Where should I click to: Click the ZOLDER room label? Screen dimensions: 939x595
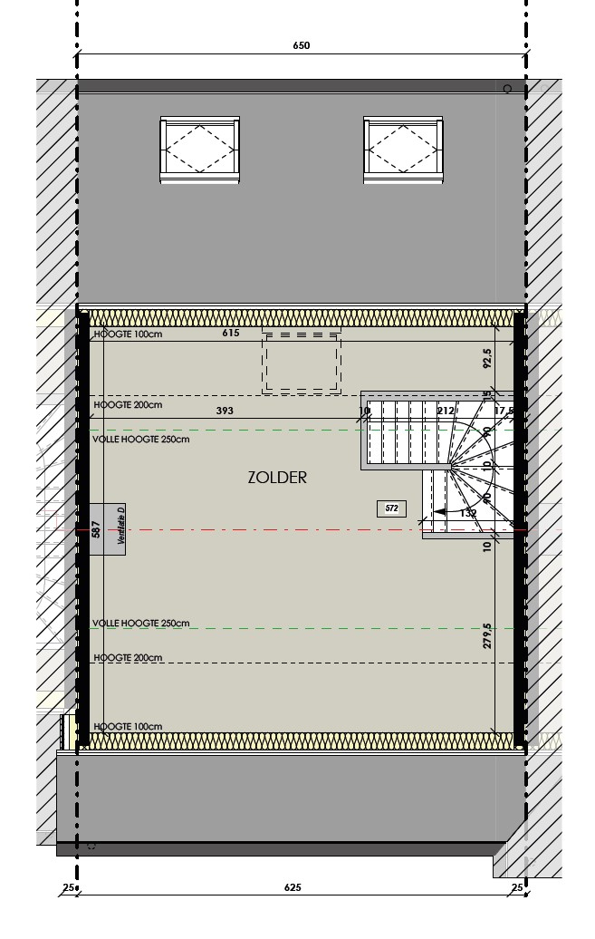[277, 478]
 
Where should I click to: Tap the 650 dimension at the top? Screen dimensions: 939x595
[302, 45]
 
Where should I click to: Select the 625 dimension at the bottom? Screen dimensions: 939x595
[292, 888]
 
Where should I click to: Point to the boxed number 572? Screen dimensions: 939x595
[391, 509]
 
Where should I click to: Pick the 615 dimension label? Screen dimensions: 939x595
[231, 334]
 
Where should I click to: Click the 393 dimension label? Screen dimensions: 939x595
[225, 411]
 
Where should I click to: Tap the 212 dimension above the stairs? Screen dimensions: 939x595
[445, 411]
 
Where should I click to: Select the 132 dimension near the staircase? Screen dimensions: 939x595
[468, 514]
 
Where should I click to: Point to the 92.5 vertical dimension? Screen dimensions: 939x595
[487, 359]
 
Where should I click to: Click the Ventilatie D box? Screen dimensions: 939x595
[107, 529]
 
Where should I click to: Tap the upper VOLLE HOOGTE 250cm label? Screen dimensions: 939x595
[141, 440]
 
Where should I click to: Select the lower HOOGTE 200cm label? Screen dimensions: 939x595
[128, 658]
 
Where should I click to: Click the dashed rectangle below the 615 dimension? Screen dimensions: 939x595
[302, 363]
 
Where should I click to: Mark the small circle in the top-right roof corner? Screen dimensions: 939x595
[507, 89]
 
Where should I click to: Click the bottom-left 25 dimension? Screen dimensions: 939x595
[67, 888]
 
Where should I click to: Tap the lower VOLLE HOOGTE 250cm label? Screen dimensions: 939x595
[141, 624]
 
